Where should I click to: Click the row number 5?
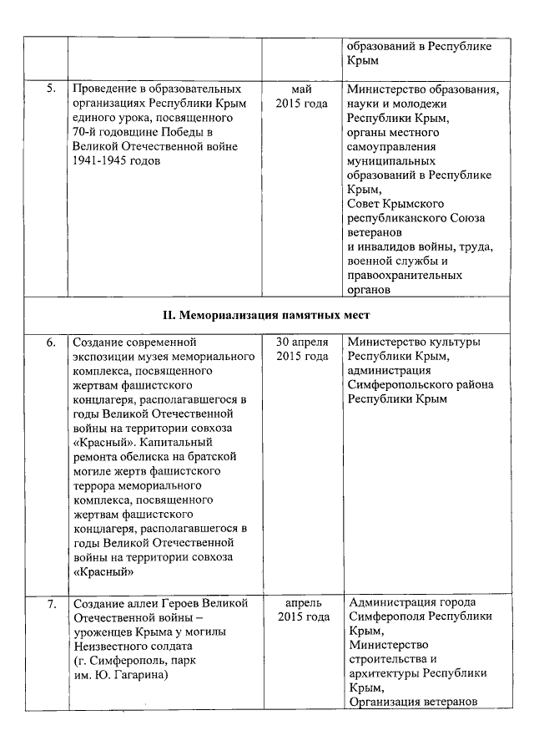pos(50,89)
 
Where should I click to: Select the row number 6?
pos(50,342)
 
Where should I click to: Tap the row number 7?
pos(50,602)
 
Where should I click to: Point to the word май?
pos(301,89)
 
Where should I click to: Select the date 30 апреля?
pos(302,342)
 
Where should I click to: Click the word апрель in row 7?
pos(302,602)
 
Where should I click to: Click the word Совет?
pos(365,204)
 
